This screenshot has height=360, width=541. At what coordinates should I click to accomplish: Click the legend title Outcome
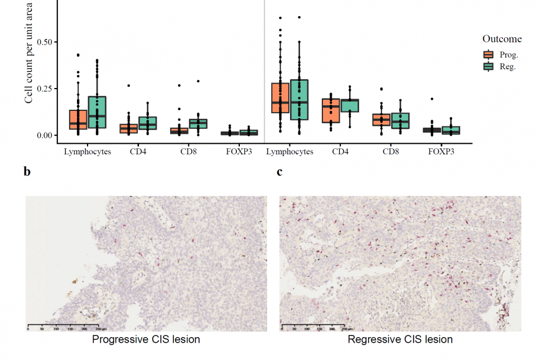pyautogui.click(x=502, y=39)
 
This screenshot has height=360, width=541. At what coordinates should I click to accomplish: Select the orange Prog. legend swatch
pyautogui.click(x=489, y=55)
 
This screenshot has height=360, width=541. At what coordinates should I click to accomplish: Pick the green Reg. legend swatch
pyautogui.click(x=489, y=66)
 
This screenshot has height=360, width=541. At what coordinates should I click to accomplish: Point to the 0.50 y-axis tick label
pyautogui.click(x=44, y=42)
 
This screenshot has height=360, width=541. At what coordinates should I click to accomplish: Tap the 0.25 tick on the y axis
pyautogui.click(x=44, y=89)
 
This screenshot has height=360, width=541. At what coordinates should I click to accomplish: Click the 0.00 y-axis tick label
pyautogui.click(x=44, y=135)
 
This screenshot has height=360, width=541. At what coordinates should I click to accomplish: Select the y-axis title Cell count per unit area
pyautogui.click(x=29, y=53)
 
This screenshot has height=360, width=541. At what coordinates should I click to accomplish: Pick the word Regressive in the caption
pyautogui.click(x=371, y=339)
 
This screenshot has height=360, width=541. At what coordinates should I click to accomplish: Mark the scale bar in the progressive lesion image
pyautogui.click(x=63, y=324)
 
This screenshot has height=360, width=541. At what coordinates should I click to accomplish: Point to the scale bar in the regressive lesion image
pyautogui.click(x=317, y=324)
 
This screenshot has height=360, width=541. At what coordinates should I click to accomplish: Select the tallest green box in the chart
pyautogui.click(x=299, y=99)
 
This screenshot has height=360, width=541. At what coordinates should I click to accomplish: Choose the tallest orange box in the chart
pyautogui.click(x=280, y=98)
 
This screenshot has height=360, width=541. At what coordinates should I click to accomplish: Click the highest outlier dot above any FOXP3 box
pyautogui.click(x=432, y=99)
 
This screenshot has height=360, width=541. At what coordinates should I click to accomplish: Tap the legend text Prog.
pyautogui.click(x=509, y=55)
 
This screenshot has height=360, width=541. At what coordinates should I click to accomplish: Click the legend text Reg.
pyautogui.click(x=508, y=66)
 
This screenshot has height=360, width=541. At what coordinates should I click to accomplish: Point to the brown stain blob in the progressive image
pyautogui.click(x=73, y=279)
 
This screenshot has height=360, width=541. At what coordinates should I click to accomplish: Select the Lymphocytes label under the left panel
pyautogui.click(x=88, y=152)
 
